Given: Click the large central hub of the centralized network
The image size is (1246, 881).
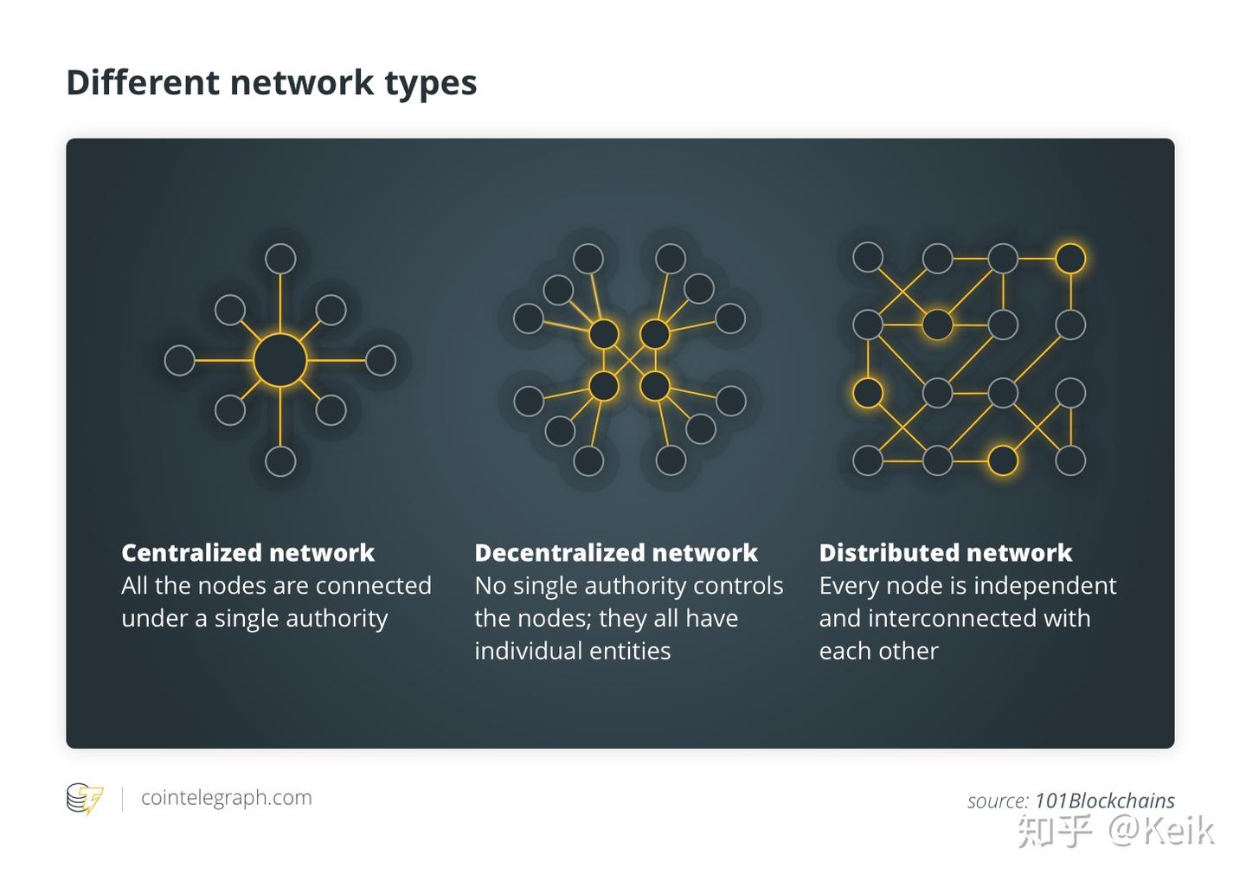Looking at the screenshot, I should pos(280,360).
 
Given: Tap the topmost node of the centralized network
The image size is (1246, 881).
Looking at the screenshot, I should pos(280,259).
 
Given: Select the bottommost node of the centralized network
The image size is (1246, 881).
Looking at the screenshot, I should pos(280,461).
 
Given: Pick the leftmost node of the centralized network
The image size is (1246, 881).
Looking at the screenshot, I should pos(179,360).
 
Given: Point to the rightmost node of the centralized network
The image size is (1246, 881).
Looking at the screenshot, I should pos(381,360).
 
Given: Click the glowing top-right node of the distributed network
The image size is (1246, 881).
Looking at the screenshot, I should pos(1070,258).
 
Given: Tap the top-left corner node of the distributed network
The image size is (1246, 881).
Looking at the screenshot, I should pos(868,257).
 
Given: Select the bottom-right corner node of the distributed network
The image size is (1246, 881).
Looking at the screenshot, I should pos(1070,460).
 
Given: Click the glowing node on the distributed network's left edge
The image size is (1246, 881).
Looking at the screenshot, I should pos(868,393).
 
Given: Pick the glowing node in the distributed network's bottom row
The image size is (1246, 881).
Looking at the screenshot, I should pos(1003,460).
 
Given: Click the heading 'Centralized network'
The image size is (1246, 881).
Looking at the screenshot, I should pos(247,553).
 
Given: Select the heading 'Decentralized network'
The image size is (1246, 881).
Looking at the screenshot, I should pos(615,553).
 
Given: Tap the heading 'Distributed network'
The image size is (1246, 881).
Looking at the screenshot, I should pos(945,553).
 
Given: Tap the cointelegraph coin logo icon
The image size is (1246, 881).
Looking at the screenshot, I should pos(85,798).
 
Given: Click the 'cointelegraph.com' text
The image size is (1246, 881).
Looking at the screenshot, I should pos(226,798).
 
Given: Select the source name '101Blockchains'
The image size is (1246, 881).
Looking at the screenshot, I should pos(1104,801).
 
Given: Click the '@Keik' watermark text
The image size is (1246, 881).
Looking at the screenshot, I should pos(1161,831).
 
